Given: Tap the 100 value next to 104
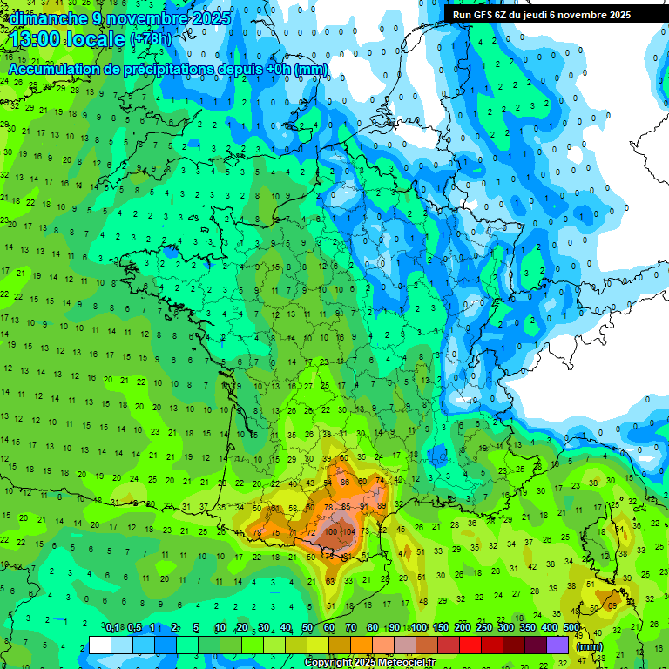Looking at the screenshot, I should point(332,530).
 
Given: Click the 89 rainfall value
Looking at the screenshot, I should point(382,505).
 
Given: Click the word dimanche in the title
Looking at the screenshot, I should point(49,17).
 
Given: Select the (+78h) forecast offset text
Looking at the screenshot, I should point(150,40).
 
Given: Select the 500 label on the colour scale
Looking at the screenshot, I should point(571,628).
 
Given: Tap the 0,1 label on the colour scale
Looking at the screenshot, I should point(111,628).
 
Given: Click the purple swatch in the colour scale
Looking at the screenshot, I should point(557,645).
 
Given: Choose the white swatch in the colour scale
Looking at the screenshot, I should point(100,645).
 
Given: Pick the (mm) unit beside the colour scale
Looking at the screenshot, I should point(590,646).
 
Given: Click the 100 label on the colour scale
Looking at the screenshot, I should point(419,628).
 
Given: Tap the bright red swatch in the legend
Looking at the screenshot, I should point(470,645).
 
